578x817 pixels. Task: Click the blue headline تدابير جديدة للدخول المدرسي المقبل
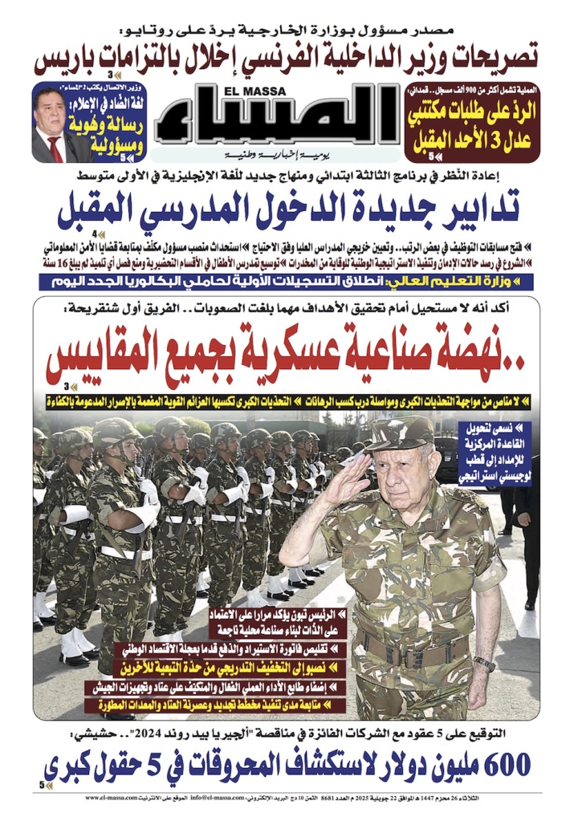click(x=289, y=211)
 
